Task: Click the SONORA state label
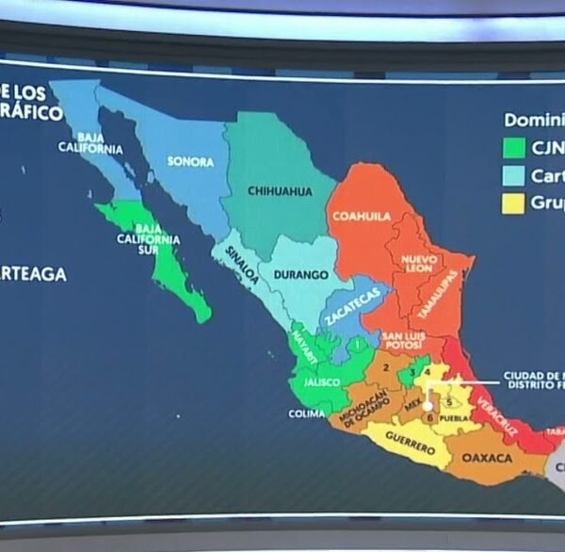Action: [x=190, y=161]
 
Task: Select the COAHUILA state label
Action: [x=360, y=216]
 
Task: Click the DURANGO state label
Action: [x=300, y=275]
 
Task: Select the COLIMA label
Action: [x=305, y=413]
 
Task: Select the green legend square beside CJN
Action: [x=513, y=148]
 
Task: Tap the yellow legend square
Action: [x=513, y=203]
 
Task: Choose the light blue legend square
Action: [x=513, y=175]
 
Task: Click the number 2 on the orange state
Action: [x=385, y=367]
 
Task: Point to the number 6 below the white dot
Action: [x=430, y=417]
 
